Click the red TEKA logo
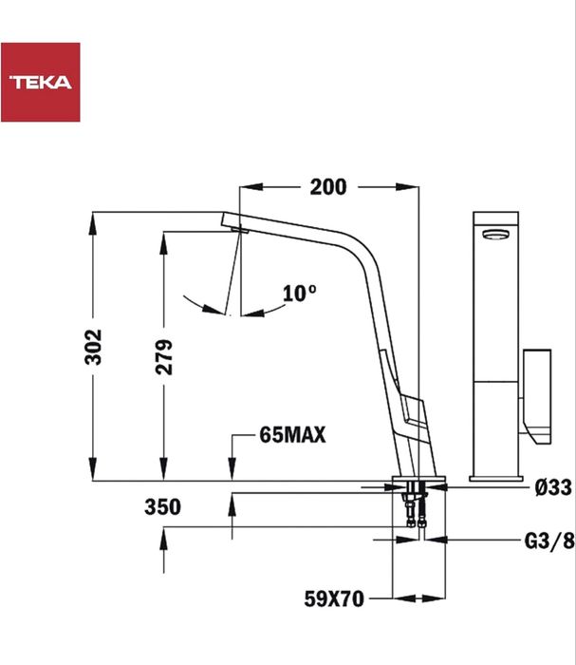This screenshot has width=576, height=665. (40, 82)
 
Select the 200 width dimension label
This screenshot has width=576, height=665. (328, 187)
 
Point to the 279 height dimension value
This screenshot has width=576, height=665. (164, 357)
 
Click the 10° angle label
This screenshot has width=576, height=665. (299, 294)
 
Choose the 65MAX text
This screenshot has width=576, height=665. (292, 436)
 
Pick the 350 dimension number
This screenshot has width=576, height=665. (162, 507)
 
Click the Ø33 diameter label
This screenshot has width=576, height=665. (552, 487)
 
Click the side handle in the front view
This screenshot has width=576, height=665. (536, 395)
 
